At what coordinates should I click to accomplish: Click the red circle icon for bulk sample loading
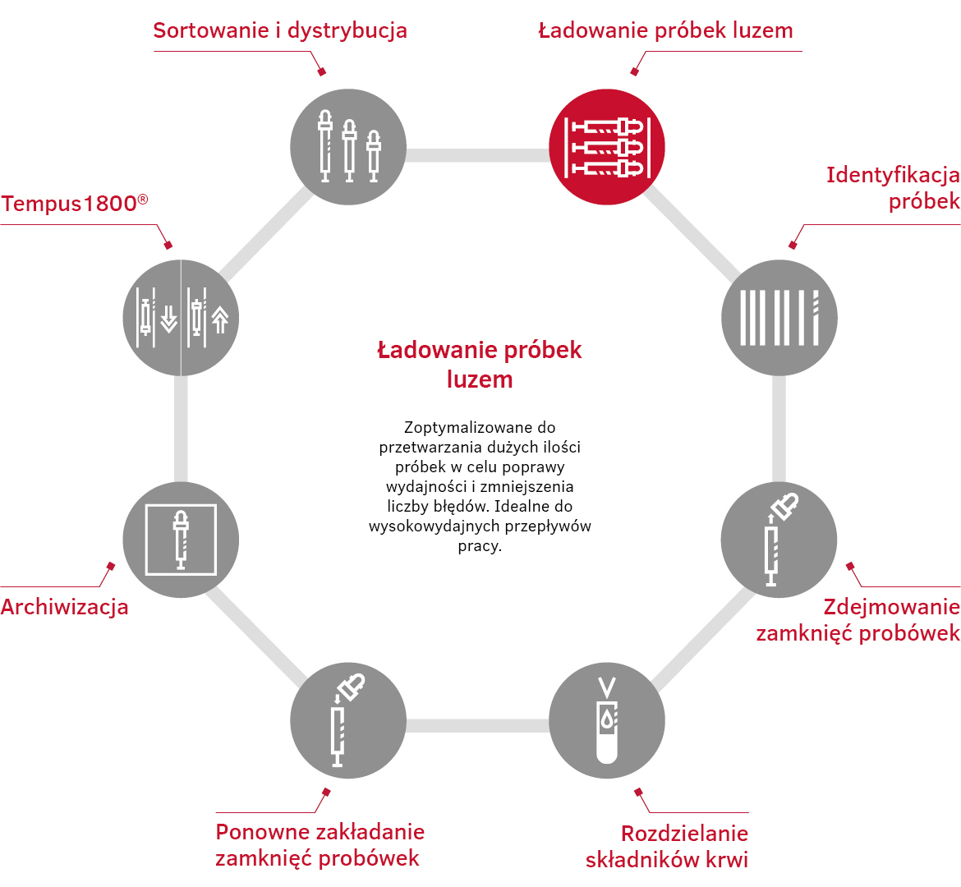pos(607,147)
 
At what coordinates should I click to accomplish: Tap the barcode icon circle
pos(779,318)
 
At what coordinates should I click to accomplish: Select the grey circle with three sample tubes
pos(348,147)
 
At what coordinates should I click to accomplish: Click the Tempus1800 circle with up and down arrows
pos(181,318)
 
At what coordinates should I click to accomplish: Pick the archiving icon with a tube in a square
pos(181,540)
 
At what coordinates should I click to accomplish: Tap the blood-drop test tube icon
pos(607,720)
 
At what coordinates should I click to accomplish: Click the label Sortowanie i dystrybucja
pos(280,30)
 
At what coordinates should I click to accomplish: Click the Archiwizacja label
pos(64,607)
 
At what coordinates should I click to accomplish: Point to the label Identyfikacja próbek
pos(893,188)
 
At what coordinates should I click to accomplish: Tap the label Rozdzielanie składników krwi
pos(667,847)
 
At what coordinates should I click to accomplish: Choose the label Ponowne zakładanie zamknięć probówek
pos(320,845)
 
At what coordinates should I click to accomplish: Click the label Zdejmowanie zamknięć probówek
pos(858,620)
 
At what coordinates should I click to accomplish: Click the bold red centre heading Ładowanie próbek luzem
pos(480,365)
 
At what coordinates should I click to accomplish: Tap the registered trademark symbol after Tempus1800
pos(143,200)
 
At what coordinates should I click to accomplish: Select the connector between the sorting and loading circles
pos(477,155)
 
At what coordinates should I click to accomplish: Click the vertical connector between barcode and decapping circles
pos(779,429)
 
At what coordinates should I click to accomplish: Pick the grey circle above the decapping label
pos(779,540)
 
